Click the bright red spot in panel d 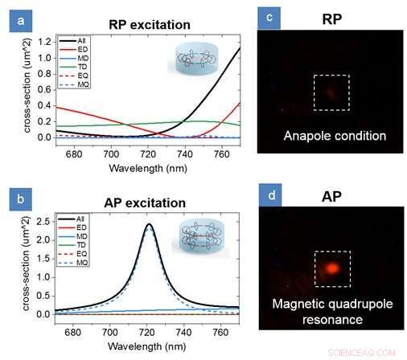coord(331,267)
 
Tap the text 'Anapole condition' coord(334,137)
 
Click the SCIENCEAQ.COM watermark coord(368,352)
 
